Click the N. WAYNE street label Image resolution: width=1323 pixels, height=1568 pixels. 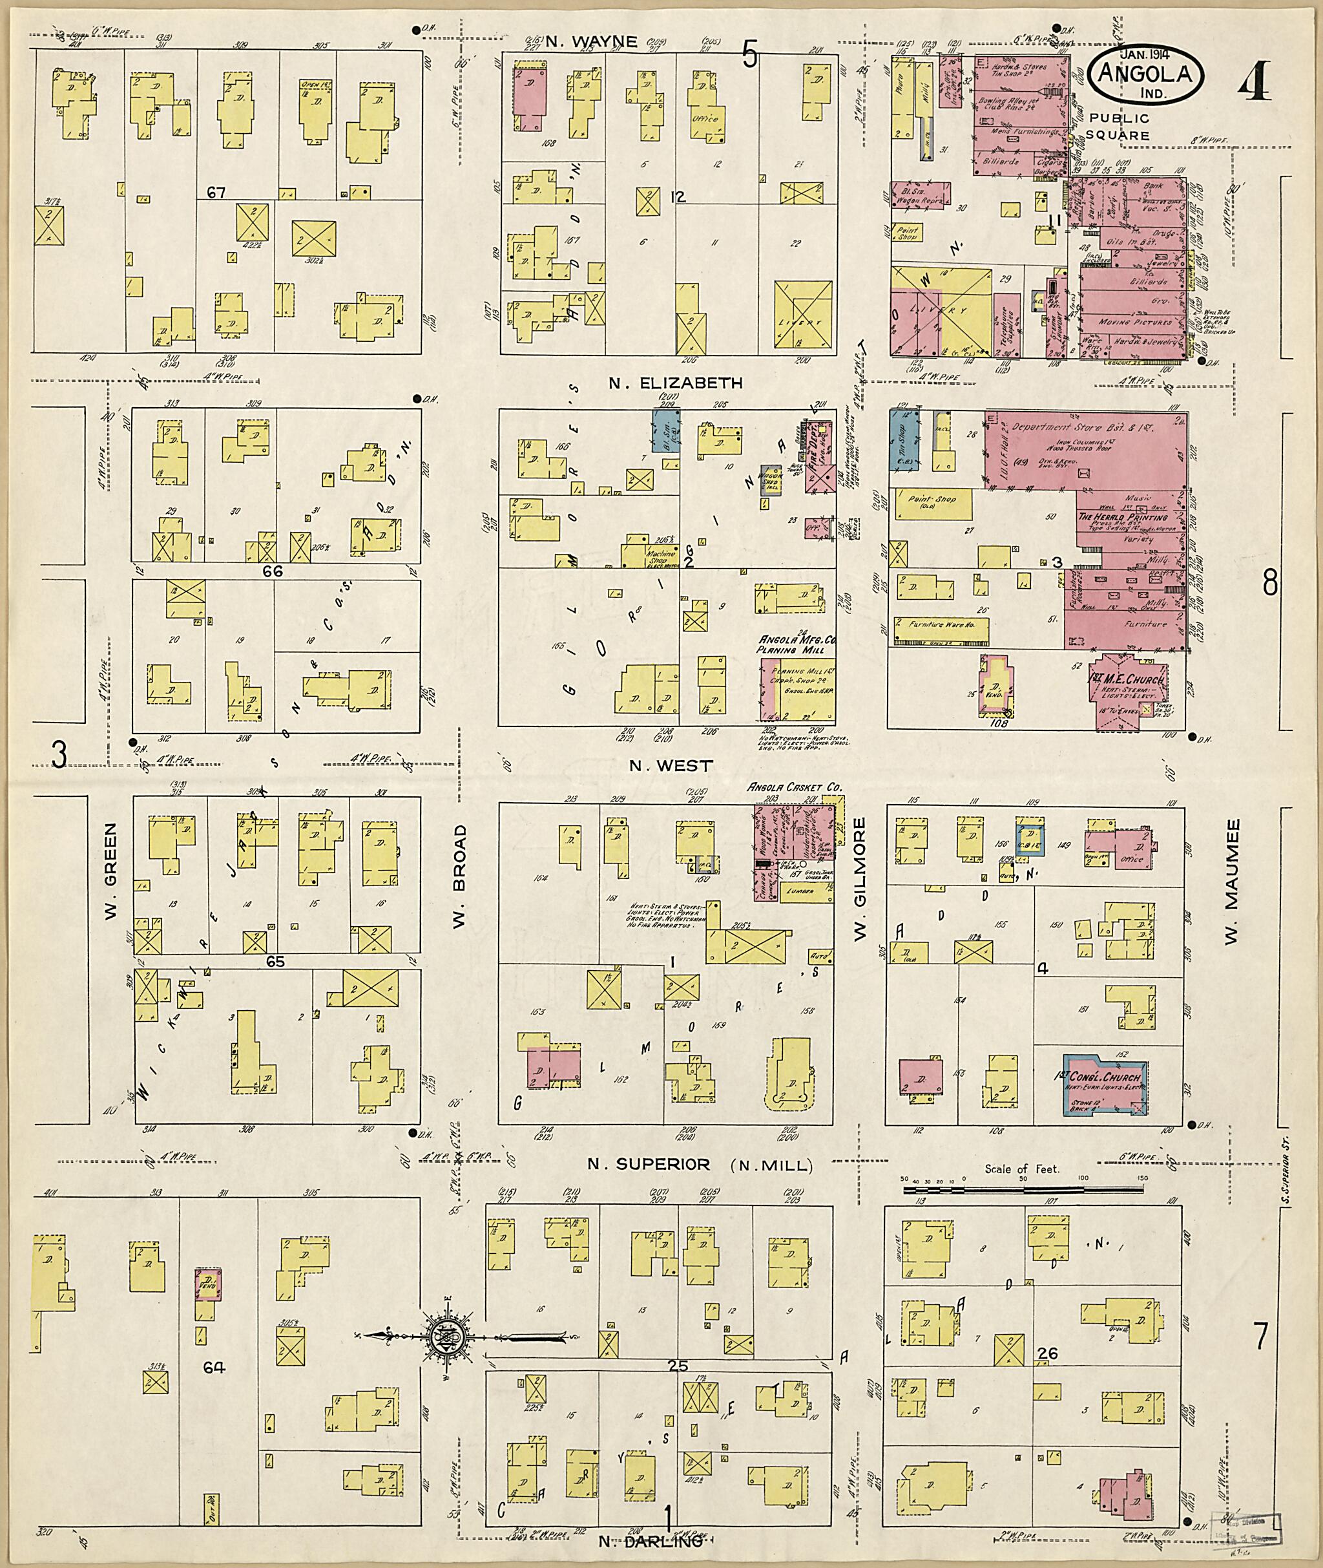click(x=591, y=42)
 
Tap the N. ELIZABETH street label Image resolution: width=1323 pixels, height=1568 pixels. click(x=675, y=383)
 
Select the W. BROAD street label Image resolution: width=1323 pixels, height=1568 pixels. click(x=460, y=876)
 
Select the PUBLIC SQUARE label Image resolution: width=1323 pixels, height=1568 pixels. click(x=1118, y=127)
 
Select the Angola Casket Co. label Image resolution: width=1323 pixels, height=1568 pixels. click(x=794, y=788)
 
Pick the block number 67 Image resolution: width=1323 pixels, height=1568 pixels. click(x=216, y=193)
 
